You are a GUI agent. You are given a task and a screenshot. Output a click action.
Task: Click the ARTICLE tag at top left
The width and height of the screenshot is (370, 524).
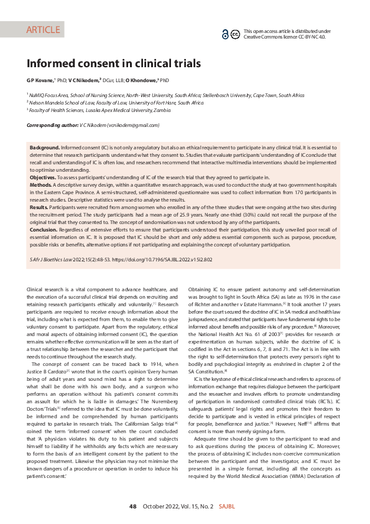tap(43, 30)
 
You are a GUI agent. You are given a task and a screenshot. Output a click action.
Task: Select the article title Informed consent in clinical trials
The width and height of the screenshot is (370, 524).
tap(113, 63)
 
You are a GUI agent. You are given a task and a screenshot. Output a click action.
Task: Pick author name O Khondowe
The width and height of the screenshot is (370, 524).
tap(141, 80)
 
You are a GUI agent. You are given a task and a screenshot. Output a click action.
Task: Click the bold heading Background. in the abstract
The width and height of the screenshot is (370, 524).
tap(45, 147)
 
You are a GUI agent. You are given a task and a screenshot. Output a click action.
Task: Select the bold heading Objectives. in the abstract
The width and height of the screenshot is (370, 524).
tap(44, 177)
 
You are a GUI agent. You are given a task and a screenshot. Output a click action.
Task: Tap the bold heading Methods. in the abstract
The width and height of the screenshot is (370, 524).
tap(41, 185)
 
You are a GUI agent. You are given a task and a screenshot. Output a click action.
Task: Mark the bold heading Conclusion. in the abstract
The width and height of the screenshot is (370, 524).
tap(44, 230)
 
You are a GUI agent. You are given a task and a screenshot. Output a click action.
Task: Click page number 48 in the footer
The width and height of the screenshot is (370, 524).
tap(133, 507)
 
